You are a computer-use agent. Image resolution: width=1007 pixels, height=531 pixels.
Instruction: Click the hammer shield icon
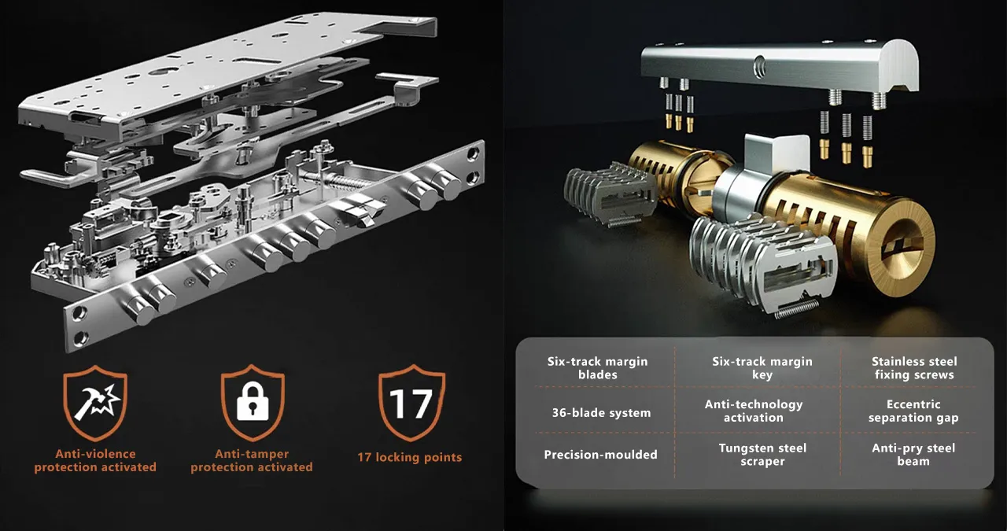point(95,403)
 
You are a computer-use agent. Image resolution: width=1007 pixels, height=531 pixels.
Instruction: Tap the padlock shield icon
point(253,403)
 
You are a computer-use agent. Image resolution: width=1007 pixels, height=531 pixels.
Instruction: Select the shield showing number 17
point(411,403)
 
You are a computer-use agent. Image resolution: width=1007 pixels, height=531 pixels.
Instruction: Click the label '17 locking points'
point(410,457)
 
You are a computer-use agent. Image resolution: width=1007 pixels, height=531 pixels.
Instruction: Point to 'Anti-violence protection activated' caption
point(95,460)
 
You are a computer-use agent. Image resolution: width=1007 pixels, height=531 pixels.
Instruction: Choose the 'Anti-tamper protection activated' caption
point(252,460)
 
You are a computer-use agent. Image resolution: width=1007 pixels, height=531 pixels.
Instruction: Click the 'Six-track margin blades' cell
point(597,368)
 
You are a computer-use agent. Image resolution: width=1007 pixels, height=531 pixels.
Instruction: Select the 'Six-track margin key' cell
point(762,368)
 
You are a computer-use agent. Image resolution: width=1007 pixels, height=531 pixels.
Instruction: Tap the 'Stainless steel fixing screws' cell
point(914,368)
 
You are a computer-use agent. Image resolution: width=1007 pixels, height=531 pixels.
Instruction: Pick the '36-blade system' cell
point(601,413)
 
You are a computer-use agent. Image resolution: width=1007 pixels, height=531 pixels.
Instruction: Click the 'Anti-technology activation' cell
point(754,411)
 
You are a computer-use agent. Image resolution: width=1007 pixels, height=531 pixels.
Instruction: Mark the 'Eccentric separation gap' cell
point(913,411)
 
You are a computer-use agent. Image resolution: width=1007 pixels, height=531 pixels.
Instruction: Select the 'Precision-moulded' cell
point(600,455)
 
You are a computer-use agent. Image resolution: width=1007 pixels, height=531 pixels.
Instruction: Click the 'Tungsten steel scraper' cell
point(762,455)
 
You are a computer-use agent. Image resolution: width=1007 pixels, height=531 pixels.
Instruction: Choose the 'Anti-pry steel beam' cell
point(913,455)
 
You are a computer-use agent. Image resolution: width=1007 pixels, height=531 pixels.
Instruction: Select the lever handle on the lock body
point(54,178)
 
